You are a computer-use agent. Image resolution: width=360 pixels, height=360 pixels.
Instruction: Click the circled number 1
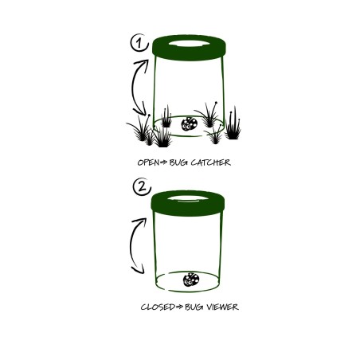click(x=139, y=43)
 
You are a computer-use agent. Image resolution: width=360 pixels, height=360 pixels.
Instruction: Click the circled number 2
click(x=142, y=186)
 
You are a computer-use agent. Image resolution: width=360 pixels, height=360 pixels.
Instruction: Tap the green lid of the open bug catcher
click(x=189, y=54)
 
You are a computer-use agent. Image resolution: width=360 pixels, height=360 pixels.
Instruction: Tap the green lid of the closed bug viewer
click(x=188, y=209)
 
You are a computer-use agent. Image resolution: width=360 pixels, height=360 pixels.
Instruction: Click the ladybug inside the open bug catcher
click(x=190, y=123)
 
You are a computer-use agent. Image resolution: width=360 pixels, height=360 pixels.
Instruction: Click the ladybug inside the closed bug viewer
click(x=191, y=280)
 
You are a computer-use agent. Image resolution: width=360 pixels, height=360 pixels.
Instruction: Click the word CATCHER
click(x=210, y=162)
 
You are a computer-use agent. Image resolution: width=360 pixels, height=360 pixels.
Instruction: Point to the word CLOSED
click(x=158, y=307)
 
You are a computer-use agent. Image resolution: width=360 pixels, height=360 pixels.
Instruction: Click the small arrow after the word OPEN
click(x=164, y=162)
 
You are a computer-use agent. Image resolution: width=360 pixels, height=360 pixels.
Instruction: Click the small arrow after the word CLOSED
click(x=179, y=307)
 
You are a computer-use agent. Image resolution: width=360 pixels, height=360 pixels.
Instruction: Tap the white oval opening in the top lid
click(x=189, y=43)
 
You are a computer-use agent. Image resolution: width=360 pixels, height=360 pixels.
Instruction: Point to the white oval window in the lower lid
click(x=188, y=198)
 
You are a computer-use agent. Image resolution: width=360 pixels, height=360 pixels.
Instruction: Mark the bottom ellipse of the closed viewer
click(x=187, y=292)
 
